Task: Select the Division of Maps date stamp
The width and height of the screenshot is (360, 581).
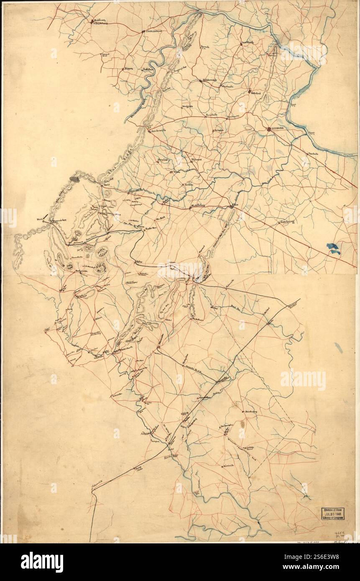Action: point(333,514)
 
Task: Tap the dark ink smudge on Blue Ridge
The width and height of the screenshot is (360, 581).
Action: point(74,179)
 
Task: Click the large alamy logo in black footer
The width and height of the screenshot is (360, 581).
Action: point(42,562)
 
